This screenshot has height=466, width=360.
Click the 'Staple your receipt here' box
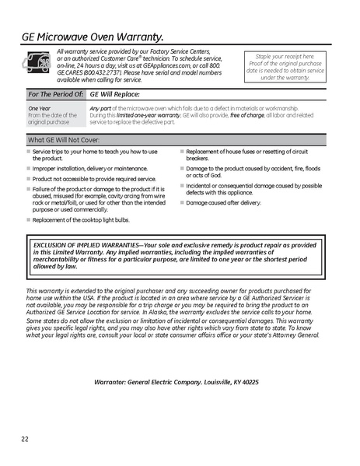pyautogui.click(x=285, y=67)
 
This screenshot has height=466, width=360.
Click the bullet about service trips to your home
pyautogui.click(x=93, y=154)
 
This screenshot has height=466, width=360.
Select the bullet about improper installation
pyautogui.click(x=89, y=168)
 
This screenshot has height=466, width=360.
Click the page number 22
pyautogui.click(x=26, y=440)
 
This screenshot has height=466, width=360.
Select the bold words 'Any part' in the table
pyautogui.click(x=100, y=108)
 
